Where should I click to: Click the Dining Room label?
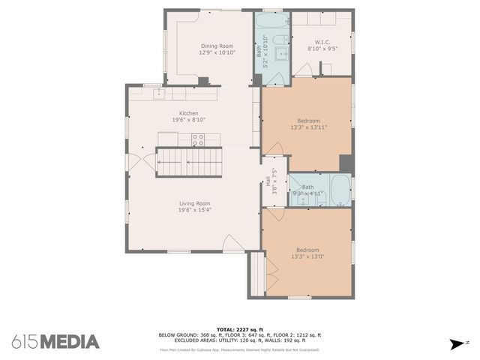217,46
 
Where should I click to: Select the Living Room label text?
194,203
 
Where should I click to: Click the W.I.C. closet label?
323,42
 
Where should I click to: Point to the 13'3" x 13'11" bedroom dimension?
308,127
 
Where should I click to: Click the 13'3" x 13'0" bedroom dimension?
307,256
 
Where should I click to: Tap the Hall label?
268,181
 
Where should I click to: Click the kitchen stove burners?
198,139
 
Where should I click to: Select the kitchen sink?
159,94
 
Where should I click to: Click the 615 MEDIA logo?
55,341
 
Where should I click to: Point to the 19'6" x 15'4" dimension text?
194,210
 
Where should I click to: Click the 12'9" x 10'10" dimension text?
217,52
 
